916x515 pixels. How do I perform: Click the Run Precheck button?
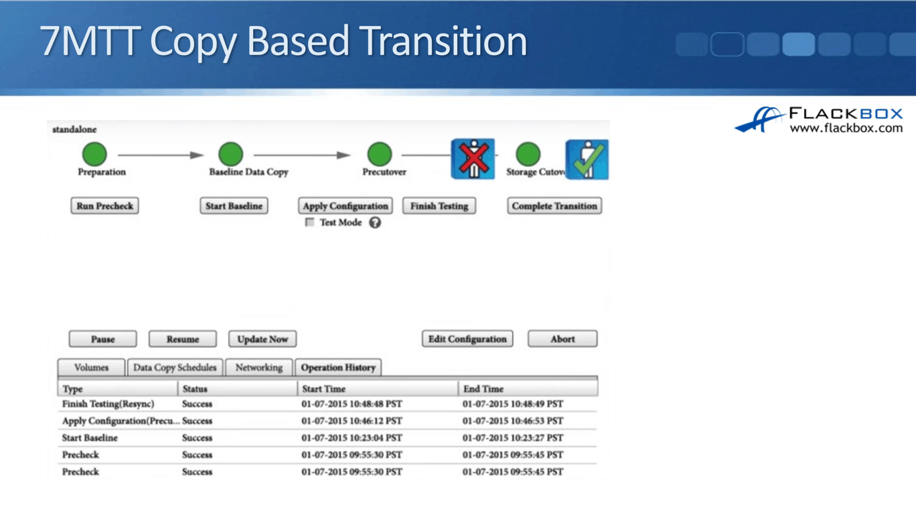(105, 206)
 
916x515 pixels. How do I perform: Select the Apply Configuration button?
(345, 206)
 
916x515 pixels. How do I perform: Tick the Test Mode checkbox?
(310, 222)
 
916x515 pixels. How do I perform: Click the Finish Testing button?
(439, 206)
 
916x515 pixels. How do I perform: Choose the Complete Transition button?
(554, 206)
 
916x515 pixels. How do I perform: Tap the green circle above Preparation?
(94, 154)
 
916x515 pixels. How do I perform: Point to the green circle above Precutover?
(379, 154)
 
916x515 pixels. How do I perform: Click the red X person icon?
(473, 159)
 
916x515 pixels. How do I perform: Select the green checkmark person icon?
(587, 160)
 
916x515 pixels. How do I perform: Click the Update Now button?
(263, 339)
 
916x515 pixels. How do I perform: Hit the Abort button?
(562, 339)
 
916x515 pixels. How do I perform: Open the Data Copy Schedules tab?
(175, 367)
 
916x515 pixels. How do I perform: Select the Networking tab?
(259, 367)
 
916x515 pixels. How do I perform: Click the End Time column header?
(483, 388)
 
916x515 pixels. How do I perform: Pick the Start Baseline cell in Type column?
(90, 438)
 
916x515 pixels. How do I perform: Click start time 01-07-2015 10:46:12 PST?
(352, 421)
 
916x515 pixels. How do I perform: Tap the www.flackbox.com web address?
(846, 128)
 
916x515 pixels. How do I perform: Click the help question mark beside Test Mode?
(375, 222)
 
